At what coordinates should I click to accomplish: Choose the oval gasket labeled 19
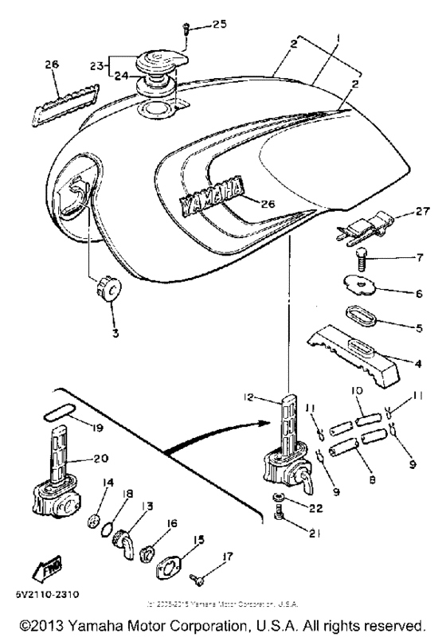(x=61, y=415)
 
